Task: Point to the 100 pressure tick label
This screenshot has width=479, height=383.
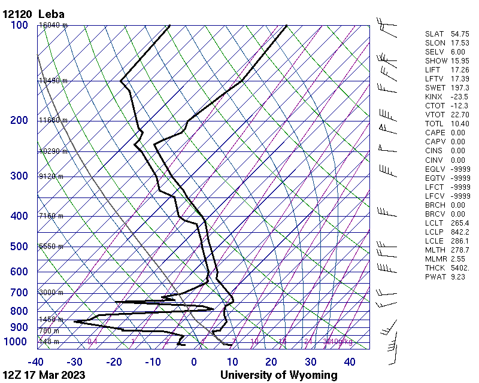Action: point(19,25)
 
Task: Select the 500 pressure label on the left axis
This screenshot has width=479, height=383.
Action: point(19,247)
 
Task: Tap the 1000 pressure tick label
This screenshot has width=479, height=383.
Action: point(16,342)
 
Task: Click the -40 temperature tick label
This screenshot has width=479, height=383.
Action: point(36,361)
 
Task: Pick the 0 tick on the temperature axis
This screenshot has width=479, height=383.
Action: point(194,361)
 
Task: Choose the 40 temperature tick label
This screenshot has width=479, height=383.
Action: point(350,361)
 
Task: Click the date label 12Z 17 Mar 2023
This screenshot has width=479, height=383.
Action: point(43,375)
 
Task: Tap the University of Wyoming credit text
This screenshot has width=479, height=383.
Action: point(278,375)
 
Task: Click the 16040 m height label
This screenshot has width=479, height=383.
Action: point(53,25)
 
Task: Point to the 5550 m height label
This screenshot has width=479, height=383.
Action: point(51,247)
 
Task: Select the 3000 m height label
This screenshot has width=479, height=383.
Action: point(51,293)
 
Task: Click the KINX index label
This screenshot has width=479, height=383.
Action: point(433,97)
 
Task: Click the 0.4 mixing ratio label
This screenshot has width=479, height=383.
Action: point(92,342)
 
